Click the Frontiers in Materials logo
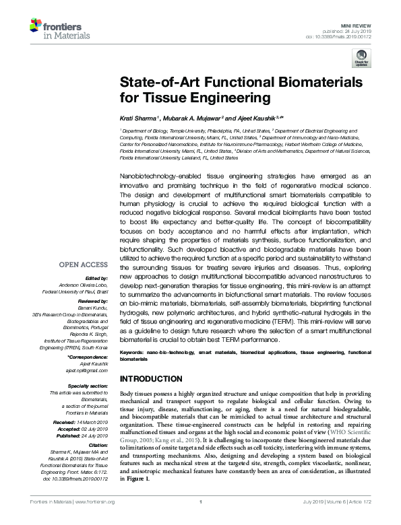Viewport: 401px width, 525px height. (x=55, y=28)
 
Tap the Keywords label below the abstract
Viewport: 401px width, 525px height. (x=133, y=352)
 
